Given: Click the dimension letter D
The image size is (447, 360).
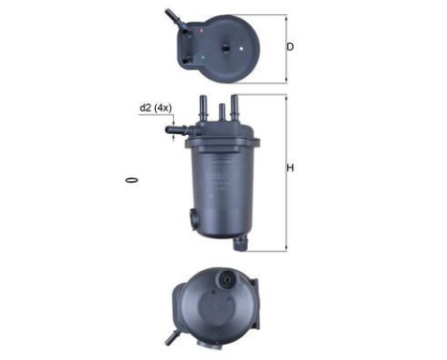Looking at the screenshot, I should pos(290,46).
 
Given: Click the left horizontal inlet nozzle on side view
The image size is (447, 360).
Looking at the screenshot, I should pos(177,128).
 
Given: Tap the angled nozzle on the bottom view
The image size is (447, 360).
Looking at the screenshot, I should pos(173,337).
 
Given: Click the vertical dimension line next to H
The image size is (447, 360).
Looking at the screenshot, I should pos(284,172).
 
